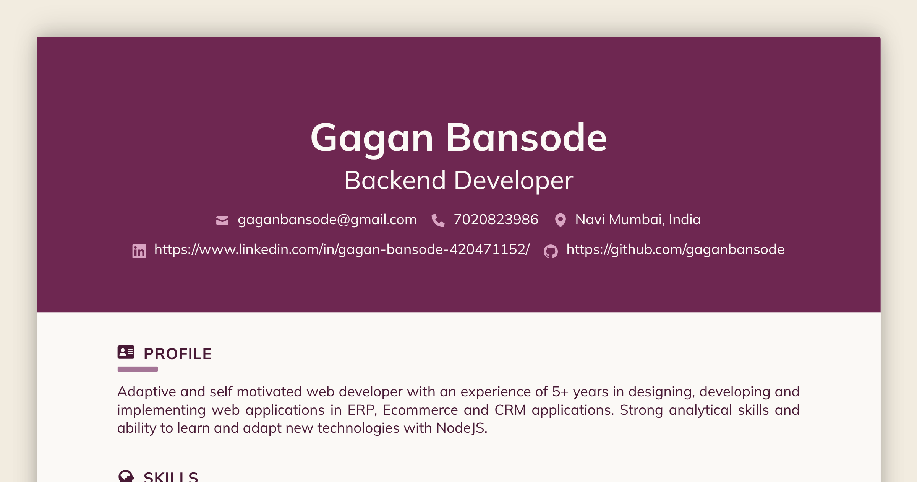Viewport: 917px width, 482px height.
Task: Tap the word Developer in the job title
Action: pyautogui.click(x=514, y=180)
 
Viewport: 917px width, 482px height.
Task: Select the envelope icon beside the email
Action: pyautogui.click(x=222, y=220)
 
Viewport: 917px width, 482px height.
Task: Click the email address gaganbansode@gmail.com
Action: pyautogui.click(x=327, y=220)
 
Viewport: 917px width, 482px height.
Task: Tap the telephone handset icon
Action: pyautogui.click(x=438, y=220)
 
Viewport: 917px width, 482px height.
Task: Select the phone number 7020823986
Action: pyautogui.click(x=496, y=220)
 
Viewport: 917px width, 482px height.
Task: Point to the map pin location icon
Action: pyautogui.click(x=560, y=220)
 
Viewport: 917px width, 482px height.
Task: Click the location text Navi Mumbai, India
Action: pyautogui.click(x=638, y=220)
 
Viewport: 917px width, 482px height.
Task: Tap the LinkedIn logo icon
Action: pyautogui.click(x=139, y=251)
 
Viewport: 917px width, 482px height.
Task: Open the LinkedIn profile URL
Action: pyautogui.click(x=342, y=249)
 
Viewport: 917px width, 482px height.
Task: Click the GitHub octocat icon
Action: pyautogui.click(x=551, y=251)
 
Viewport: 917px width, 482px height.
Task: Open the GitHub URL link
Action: pyautogui.click(x=675, y=249)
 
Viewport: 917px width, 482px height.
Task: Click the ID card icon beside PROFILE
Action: pyautogui.click(x=126, y=352)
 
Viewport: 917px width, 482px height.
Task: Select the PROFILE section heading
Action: pyautogui.click(x=177, y=354)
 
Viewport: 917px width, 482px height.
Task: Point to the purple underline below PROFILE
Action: pyautogui.click(x=138, y=369)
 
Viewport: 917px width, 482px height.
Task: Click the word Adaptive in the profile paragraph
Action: pyautogui.click(x=146, y=392)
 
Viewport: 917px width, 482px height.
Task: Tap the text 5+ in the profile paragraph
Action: pyautogui.click(x=560, y=392)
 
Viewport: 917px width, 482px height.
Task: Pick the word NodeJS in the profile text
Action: pyautogui.click(x=461, y=428)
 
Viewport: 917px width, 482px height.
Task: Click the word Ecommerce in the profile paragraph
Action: pyautogui.click(x=420, y=410)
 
